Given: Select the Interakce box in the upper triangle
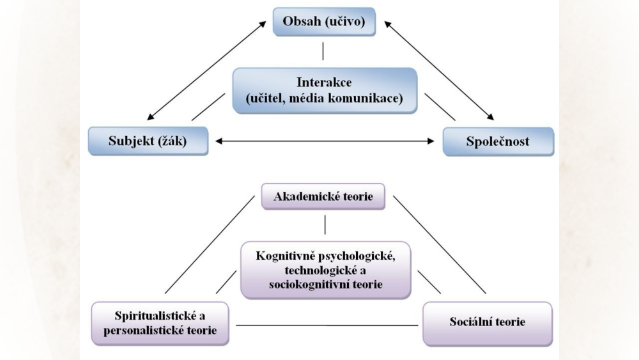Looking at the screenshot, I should coord(325,90).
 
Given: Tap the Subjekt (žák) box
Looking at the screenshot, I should coord(148,141).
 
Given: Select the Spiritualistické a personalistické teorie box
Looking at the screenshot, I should coord(160,323).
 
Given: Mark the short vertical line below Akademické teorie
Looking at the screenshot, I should coord(325,224).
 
